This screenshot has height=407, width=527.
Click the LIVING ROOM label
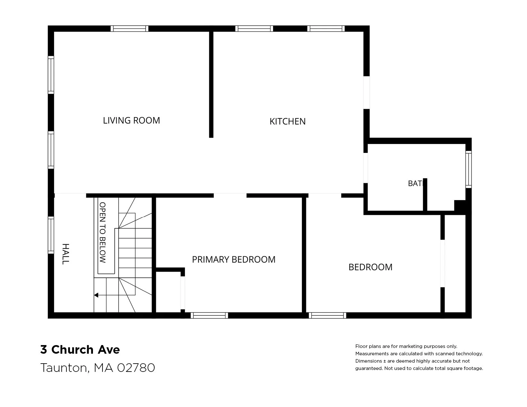point(132,120)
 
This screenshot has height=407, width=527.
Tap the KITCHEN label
point(287,121)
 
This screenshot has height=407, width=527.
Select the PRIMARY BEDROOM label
point(233,260)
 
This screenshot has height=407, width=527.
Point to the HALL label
point(66,254)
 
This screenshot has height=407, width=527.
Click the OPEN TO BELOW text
point(103,233)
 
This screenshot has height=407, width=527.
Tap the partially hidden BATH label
point(416,184)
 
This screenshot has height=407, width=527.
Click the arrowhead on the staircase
point(96,295)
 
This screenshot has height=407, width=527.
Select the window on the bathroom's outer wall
point(469,170)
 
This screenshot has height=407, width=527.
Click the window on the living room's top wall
point(129,29)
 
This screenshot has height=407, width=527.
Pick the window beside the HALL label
point(51,235)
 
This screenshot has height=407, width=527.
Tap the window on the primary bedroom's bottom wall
point(209,315)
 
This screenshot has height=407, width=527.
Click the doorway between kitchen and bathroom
point(365,168)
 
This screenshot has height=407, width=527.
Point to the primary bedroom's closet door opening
point(183,293)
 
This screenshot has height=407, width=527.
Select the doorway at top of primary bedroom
point(230,195)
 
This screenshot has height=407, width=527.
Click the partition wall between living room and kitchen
point(211,85)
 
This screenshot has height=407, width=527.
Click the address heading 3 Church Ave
point(80,350)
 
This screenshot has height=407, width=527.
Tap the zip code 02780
point(136,368)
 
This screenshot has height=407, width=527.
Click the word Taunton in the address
point(64,368)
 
